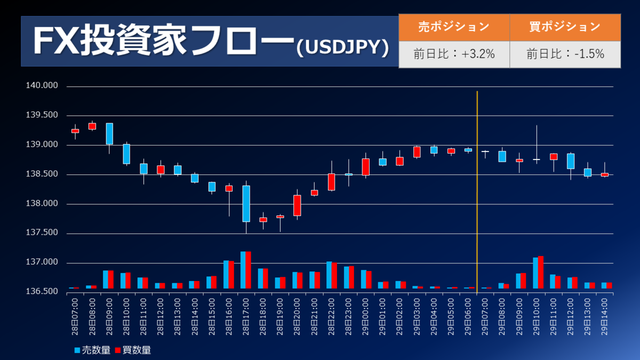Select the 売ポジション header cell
(x=454, y=27)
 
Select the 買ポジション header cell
(x=565, y=27)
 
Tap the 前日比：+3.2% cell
(x=454, y=54)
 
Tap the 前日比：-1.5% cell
(x=565, y=54)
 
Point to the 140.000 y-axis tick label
(x=42, y=86)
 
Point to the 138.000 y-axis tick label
(x=42, y=204)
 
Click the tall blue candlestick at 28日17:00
(x=246, y=203)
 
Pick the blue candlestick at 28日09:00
(x=109, y=133)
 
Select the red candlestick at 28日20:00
(x=297, y=205)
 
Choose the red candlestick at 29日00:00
(x=365, y=166)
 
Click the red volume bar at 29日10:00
(x=541, y=273)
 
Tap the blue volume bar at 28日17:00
(x=243, y=270)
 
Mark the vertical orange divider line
(x=477, y=187)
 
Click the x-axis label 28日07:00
(x=75, y=316)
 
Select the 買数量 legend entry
(x=133, y=350)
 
